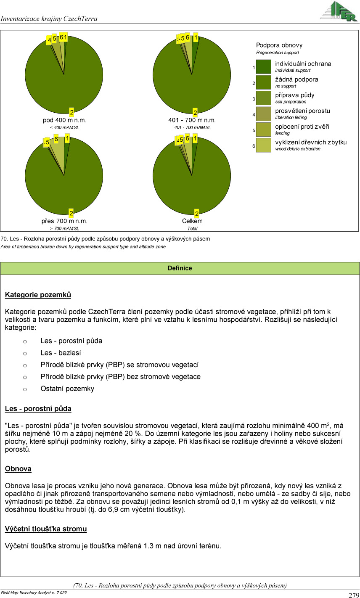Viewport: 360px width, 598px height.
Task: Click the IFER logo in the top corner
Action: (x=339, y=11)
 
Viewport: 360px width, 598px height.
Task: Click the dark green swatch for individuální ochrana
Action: (x=264, y=67)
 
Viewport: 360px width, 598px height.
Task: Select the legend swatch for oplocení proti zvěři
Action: (x=264, y=130)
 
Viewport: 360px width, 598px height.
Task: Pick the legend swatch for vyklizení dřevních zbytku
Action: (x=264, y=145)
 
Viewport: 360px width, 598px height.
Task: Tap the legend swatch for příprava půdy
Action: (x=264, y=98)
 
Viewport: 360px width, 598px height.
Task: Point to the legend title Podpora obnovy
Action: (x=279, y=45)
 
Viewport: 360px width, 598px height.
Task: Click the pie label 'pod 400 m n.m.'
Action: (x=64, y=120)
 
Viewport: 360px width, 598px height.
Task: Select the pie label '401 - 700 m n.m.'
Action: (x=192, y=120)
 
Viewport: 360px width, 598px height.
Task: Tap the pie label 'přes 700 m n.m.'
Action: (x=64, y=221)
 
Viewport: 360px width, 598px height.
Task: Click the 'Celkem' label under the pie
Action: (x=192, y=221)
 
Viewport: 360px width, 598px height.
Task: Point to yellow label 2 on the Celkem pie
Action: (x=196, y=214)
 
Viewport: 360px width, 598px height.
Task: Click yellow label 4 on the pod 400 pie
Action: (x=49, y=40)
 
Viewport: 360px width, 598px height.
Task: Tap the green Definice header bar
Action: (x=180, y=268)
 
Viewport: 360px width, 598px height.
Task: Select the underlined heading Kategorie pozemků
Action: (x=38, y=295)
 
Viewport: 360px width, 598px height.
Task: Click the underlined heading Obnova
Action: (x=18, y=469)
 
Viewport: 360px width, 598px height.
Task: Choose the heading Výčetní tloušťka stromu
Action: (x=46, y=529)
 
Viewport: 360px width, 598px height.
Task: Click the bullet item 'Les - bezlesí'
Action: (x=61, y=353)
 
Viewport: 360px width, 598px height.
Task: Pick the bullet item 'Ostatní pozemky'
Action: (x=67, y=389)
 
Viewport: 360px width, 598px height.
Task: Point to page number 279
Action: (x=354, y=595)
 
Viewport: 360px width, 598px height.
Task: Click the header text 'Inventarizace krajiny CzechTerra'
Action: (x=49, y=19)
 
